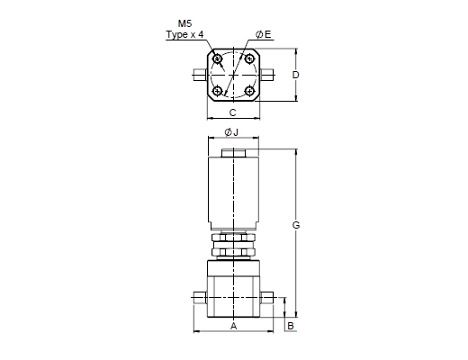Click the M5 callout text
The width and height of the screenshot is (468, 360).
pos(184,23)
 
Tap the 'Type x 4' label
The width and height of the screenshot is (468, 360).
pos(184,34)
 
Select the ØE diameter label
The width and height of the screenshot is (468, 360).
pos(264,34)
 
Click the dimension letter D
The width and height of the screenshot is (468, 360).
pos(296,75)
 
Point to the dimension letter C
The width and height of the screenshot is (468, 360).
pos(233,112)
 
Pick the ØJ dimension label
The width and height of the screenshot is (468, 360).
pos(231,132)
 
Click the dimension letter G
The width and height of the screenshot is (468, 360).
pos(296,225)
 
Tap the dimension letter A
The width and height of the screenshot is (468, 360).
pos(233,326)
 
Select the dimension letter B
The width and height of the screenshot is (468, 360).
pos(291,326)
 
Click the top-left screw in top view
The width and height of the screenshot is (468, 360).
pos(217,58)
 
